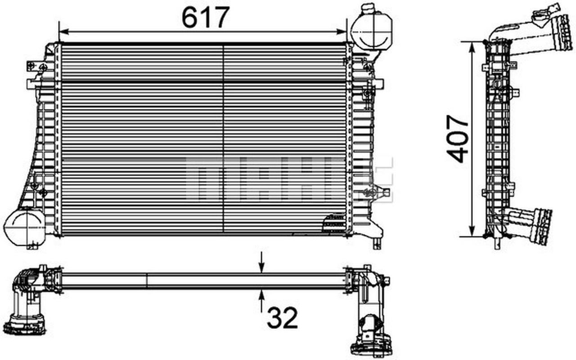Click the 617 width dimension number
coord(206,18)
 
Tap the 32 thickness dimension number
coord(282,318)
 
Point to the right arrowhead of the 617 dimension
coord(343,31)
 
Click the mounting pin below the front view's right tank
coord(376,244)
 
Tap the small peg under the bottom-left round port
coord(32,247)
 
